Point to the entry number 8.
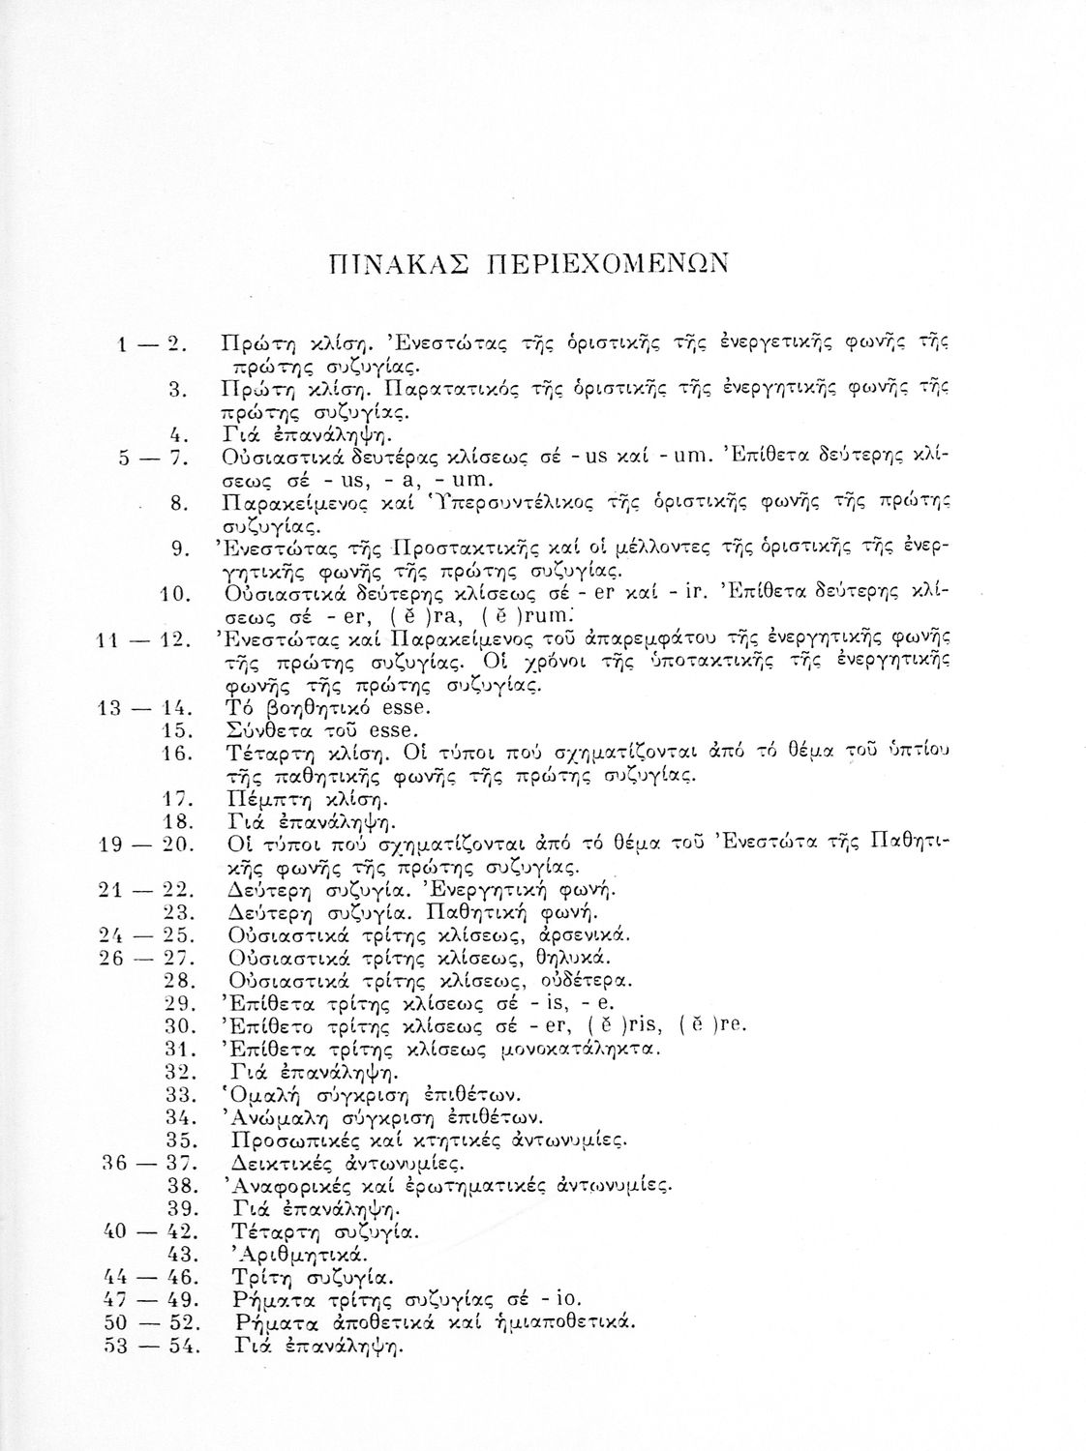click(x=177, y=503)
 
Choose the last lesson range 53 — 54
click(x=151, y=1346)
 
